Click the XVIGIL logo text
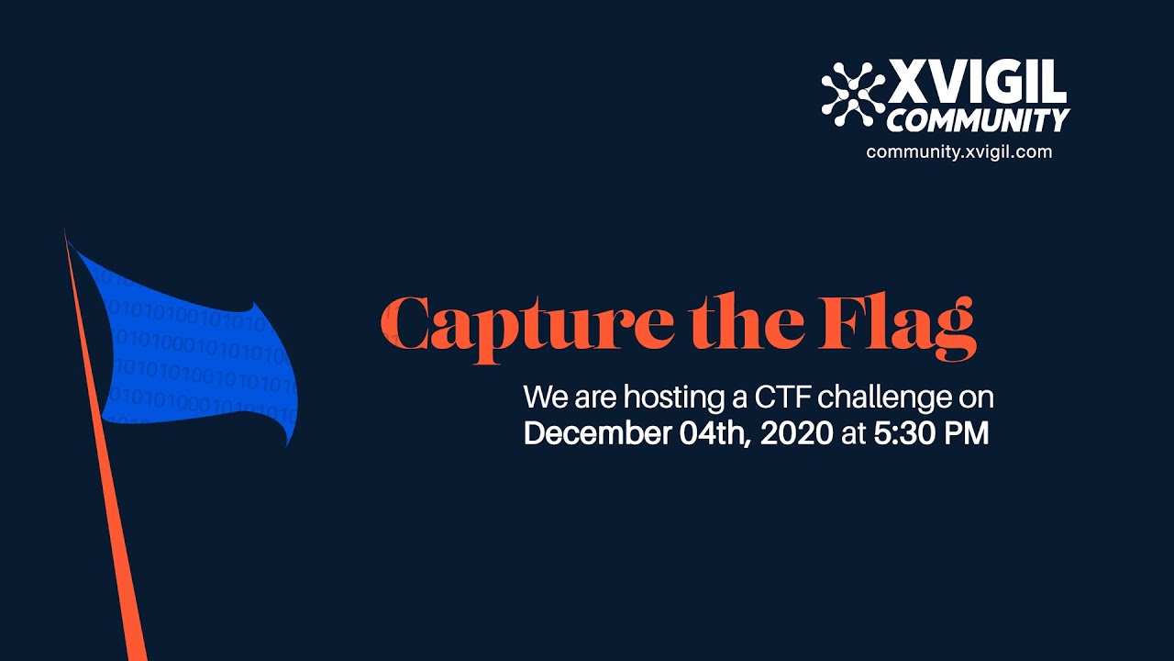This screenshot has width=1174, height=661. coord(978,84)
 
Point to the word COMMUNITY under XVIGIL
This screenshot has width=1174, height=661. coord(978,119)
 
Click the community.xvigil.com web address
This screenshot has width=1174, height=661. coord(958,151)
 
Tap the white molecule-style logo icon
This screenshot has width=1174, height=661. coord(853,94)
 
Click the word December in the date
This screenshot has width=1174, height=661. coord(597,433)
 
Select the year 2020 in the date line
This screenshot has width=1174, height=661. coord(797,433)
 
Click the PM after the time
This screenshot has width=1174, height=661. coord(967,433)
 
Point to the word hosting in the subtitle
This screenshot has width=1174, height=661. coord(669,399)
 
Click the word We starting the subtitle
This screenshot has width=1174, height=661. coord(544,398)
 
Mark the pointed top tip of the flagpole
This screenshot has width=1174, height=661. coord(65,233)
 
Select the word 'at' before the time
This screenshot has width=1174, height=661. coord(853,433)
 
